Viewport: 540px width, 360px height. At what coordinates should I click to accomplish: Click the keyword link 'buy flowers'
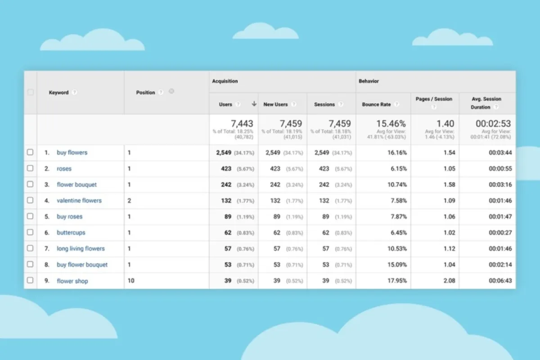(72, 153)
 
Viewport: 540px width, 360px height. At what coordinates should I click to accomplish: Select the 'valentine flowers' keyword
(79, 201)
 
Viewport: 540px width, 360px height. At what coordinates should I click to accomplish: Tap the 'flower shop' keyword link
(72, 281)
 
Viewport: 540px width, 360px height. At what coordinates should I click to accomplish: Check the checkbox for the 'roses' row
(30, 168)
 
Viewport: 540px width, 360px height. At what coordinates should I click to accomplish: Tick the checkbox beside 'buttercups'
(30, 232)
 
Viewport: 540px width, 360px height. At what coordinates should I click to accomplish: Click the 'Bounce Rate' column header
(376, 104)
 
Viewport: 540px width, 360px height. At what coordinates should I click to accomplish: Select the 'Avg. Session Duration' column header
(486, 103)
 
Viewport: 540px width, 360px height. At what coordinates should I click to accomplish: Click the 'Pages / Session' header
(434, 99)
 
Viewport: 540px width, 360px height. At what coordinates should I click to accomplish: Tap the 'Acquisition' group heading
(225, 81)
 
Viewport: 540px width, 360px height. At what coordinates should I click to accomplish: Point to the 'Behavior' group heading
(369, 81)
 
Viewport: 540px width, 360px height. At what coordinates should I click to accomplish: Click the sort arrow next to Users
(254, 104)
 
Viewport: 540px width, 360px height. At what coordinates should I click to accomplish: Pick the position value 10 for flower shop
(131, 281)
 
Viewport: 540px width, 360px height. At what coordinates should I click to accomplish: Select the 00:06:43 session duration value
(499, 281)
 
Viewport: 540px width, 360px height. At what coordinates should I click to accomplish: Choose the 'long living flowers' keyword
(81, 248)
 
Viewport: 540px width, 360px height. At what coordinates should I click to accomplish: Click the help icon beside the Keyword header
(74, 92)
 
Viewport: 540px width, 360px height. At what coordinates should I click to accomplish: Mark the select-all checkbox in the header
(30, 92)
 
